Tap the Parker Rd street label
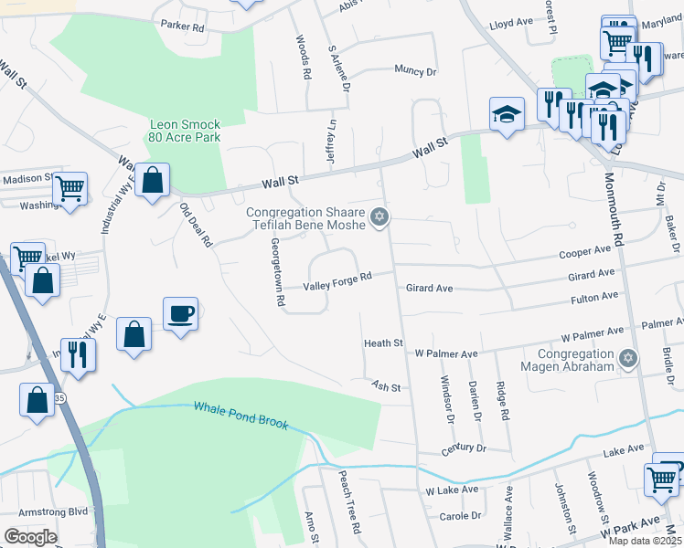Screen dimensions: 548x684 pyautogui.click(x=182, y=27)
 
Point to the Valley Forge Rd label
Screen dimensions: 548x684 pyautogui.click(x=338, y=278)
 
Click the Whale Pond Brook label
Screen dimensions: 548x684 pyautogui.click(x=240, y=416)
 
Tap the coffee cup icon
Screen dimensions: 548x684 pyautogui.click(x=180, y=314)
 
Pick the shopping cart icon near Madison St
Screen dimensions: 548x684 pyautogui.click(x=69, y=189)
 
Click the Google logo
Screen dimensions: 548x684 pyautogui.click(x=30, y=537)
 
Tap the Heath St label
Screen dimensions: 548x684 pyautogui.click(x=383, y=343)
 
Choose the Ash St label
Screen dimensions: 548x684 pyautogui.click(x=386, y=387)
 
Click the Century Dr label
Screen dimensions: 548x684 pyautogui.click(x=462, y=448)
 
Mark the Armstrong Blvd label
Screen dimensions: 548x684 pyautogui.click(x=40, y=512)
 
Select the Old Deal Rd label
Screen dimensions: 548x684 pyautogui.click(x=196, y=226)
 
